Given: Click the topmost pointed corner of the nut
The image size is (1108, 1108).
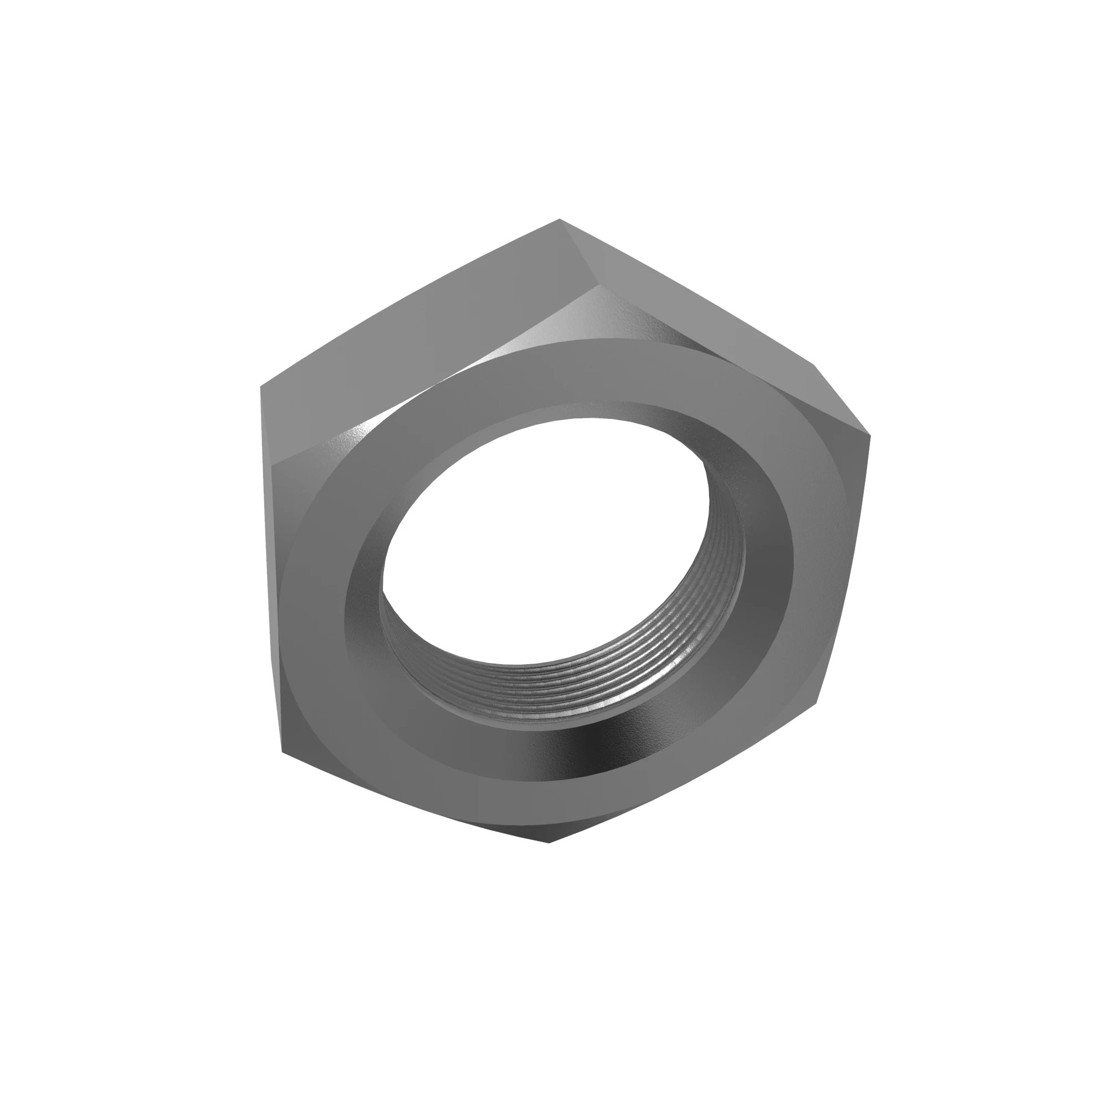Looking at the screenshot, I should (559, 219).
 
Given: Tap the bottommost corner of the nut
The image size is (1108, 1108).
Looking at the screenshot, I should (549, 842).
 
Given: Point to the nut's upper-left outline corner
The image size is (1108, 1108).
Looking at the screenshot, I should (261, 387).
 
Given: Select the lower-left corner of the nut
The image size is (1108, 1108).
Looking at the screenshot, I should (282, 751).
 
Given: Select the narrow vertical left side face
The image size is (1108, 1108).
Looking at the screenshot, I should (270, 573).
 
